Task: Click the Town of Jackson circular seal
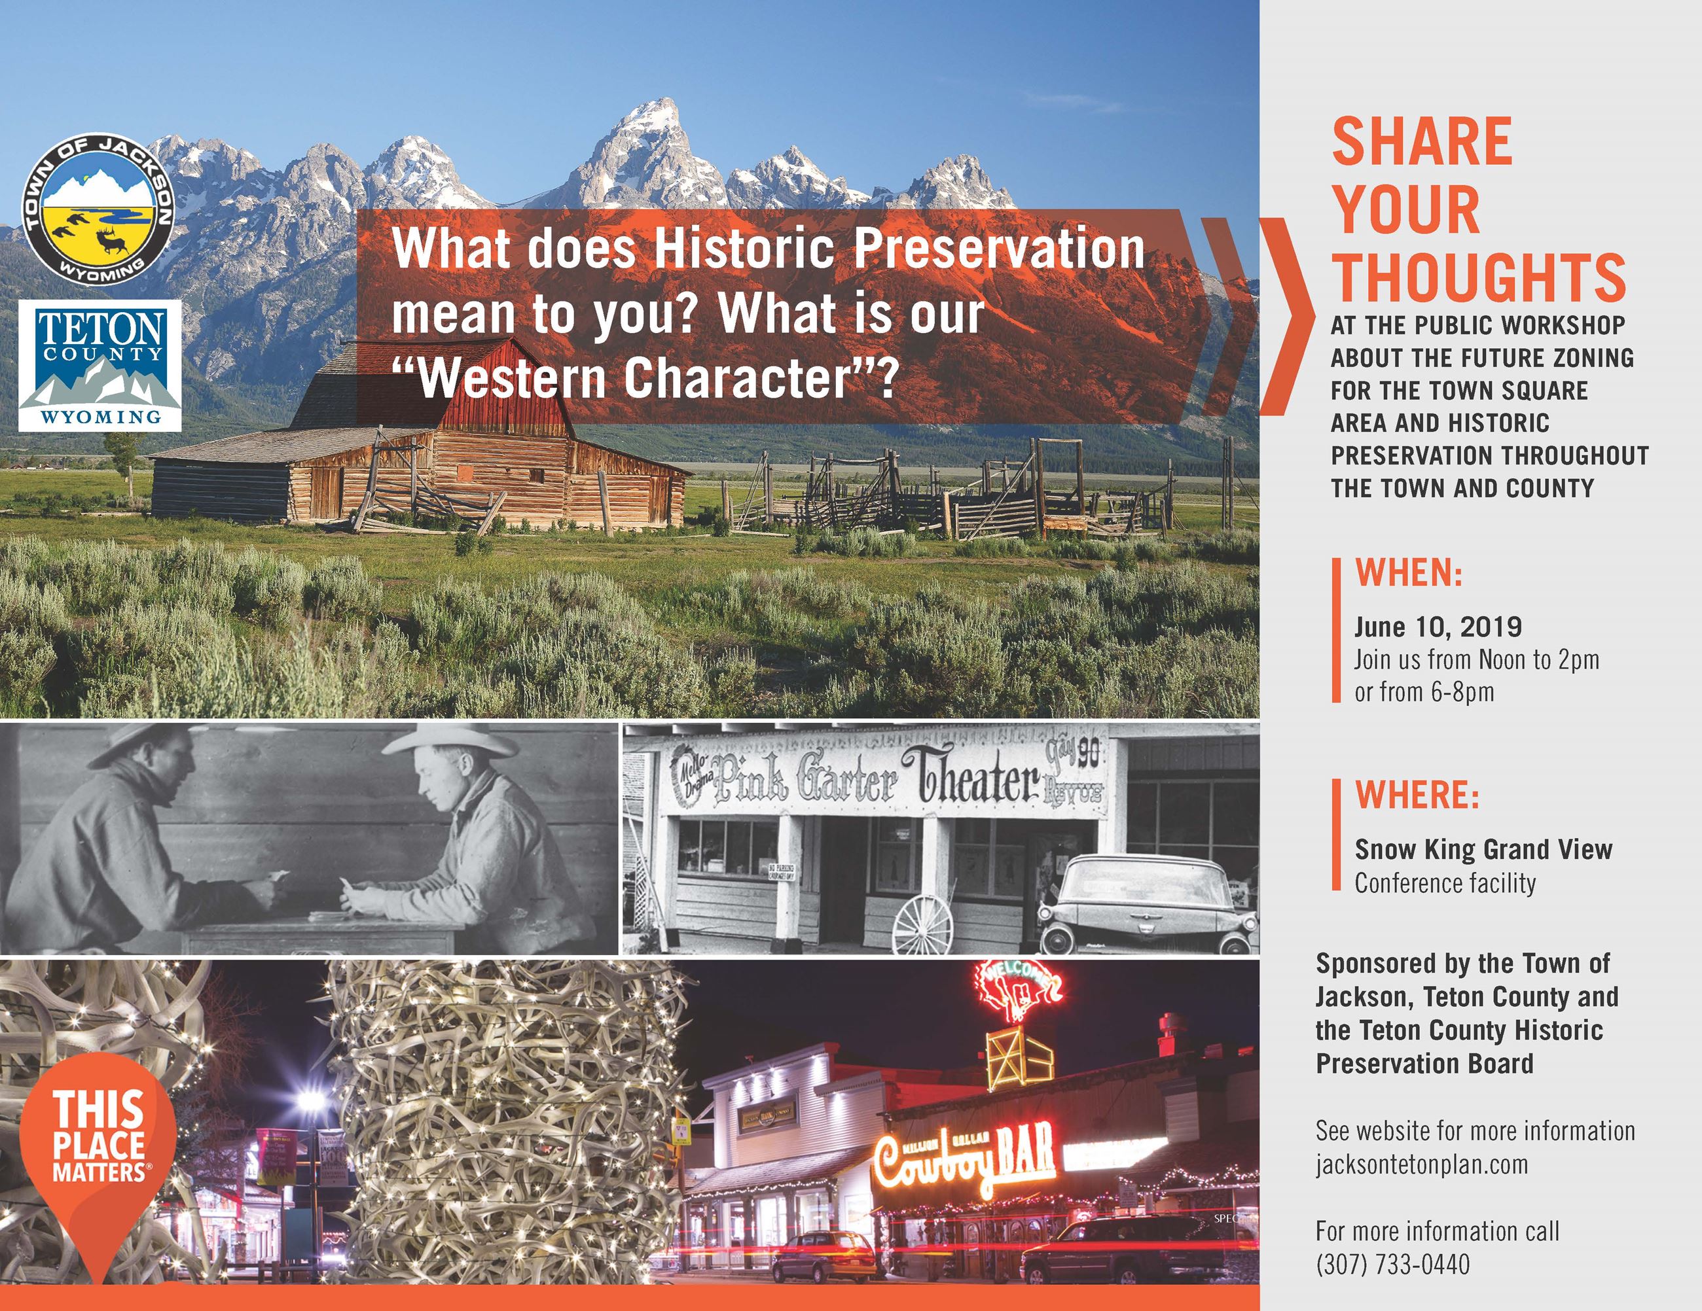click(x=97, y=208)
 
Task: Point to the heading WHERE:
click(x=1417, y=795)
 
